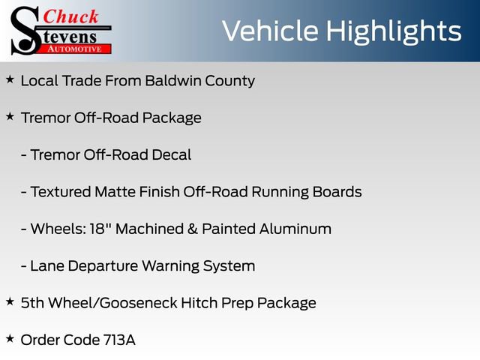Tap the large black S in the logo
(25, 31)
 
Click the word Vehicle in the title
(272, 31)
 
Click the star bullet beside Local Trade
(10, 79)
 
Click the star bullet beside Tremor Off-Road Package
(10, 116)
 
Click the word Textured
(61, 192)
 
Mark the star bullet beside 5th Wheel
(10, 301)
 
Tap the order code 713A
(119, 340)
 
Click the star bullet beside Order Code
(10, 338)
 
